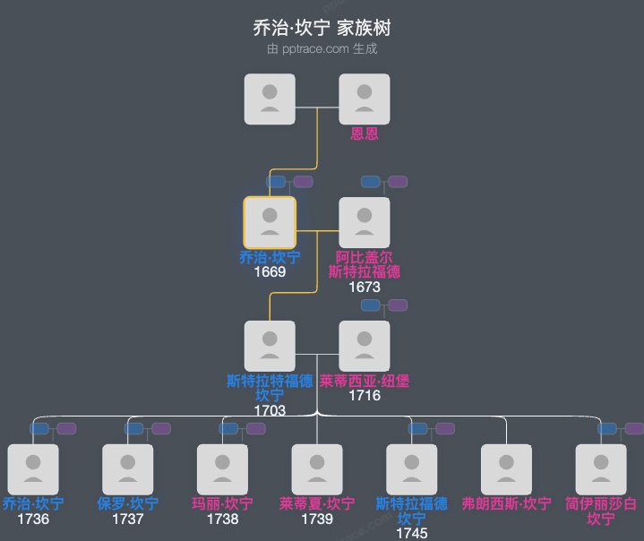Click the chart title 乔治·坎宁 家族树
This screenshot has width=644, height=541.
tap(322, 28)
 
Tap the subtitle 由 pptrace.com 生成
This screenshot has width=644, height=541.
tap(322, 49)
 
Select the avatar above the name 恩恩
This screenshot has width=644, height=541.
tap(365, 99)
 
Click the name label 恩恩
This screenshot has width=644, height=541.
tap(365, 134)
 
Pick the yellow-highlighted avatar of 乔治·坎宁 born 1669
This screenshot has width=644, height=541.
tap(270, 222)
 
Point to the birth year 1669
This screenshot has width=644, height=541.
tap(270, 272)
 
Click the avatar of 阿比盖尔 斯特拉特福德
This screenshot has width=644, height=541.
tap(365, 222)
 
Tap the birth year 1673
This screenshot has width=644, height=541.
tap(365, 288)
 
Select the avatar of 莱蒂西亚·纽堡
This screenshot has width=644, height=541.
tap(365, 346)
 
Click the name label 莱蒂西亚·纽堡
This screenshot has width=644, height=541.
tap(365, 381)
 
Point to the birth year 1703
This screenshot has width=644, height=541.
tap(270, 410)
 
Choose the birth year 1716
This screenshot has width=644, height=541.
tap(365, 395)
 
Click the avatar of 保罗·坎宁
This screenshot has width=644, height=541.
tap(128, 468)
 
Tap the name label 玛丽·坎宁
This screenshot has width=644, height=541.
tap(222, 504)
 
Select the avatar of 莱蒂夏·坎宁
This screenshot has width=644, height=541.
tap(317, 468)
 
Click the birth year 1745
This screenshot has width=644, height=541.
tap(412, 534)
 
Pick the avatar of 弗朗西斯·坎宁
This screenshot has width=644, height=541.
tap(506, 468)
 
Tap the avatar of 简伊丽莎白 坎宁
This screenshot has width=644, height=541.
tap(601, 468)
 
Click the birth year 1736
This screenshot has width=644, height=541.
tap(33, 519)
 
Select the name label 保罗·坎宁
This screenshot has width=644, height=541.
tap(128, 504)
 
